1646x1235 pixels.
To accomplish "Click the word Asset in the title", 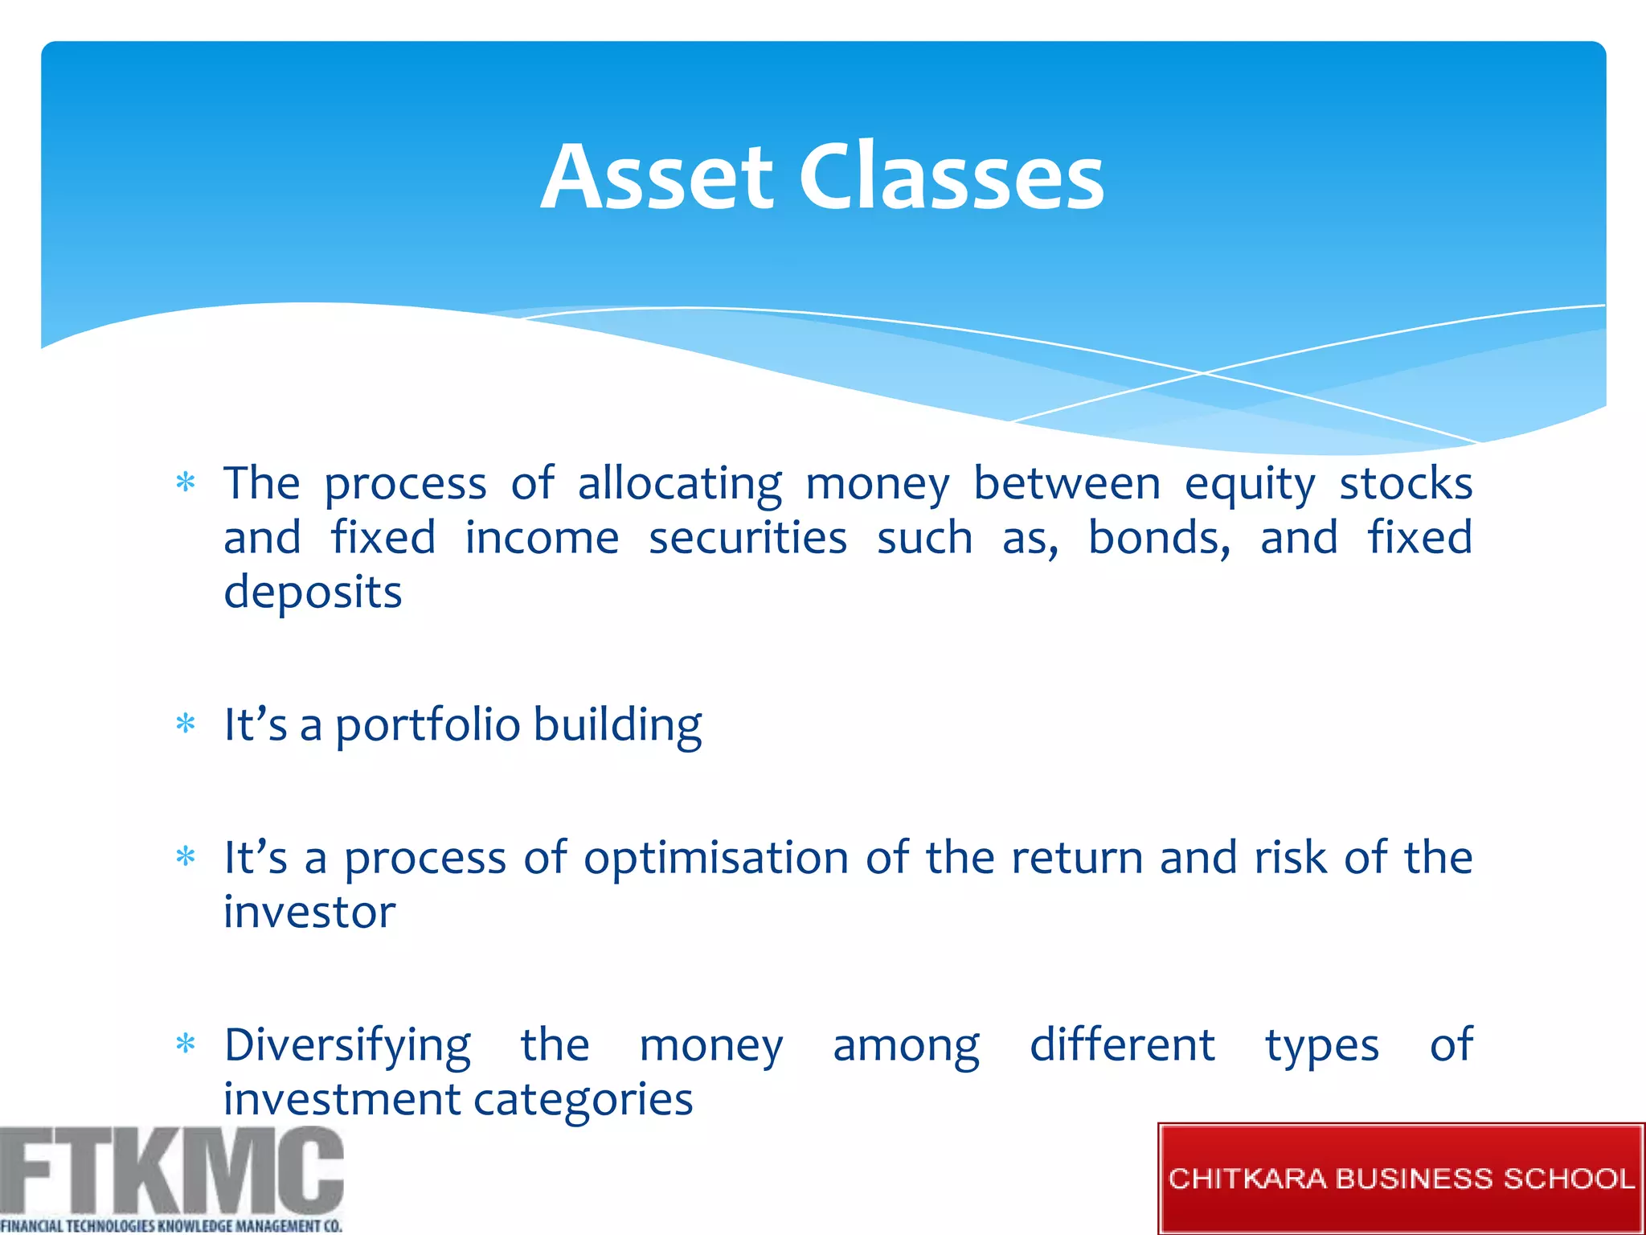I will coord(657,178).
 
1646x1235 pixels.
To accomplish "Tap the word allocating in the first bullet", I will coord(680,484).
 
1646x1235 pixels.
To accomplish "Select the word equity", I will coord(1250,486).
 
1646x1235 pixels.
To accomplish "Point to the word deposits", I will coord(313,593).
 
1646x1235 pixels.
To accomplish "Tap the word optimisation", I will coord(715,858).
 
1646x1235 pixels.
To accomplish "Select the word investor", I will coord(309,913).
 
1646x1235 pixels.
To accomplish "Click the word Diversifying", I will coord(347,1046).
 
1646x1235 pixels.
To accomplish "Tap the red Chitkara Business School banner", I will coord(1401,1179).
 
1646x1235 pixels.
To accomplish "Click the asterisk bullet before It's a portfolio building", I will coord(186,724).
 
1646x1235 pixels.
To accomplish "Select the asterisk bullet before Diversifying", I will coord(186,1044).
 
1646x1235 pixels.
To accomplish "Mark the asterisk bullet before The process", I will coord(186,482).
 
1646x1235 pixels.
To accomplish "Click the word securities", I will coord(747,538).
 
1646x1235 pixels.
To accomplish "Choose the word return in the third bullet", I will coord(1077,858).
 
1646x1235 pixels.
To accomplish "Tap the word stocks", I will coord(1406,484).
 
